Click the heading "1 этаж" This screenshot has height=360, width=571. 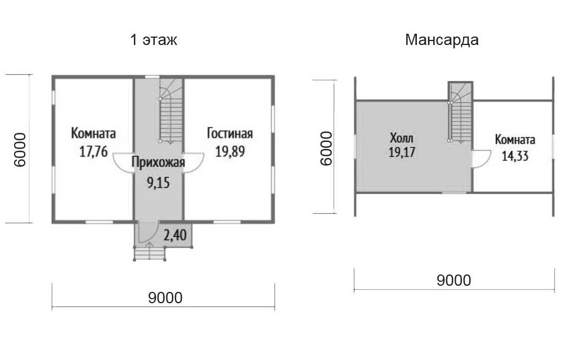(x=154, y=40)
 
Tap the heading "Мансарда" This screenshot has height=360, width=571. (x=442, y=40)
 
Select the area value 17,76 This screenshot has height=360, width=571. (x=93, y=151)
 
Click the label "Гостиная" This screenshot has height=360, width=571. (x=230, y=133)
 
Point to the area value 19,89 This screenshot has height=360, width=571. (x=230, y=151)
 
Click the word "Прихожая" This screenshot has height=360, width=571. (x=158, y=163)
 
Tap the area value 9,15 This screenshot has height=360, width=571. (x=158, y=182)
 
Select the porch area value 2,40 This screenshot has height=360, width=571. (x=175, y=235)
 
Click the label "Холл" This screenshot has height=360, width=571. (x=402, y=138)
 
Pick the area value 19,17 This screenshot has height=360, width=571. (x=402, y=152)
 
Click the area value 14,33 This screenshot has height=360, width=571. (x=515, y=156)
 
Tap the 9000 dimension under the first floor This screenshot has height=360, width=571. (x=165, y=298)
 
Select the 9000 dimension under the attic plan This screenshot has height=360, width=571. (x=454, y=280)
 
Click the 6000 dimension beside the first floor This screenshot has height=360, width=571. (x=20, y=150)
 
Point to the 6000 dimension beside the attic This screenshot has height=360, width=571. (x=326, y=148)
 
